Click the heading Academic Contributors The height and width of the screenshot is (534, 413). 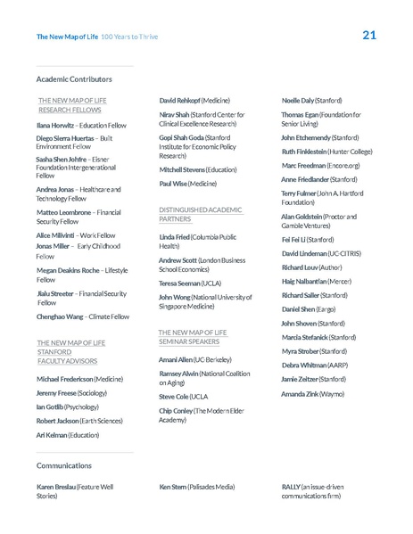point(74,78)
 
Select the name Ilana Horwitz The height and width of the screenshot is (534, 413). point(55,127)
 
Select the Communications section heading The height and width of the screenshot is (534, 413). point(64,465)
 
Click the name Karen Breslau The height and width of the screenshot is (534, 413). point(56,487)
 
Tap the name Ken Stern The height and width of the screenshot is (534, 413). point(173,487)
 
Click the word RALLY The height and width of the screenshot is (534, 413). point(292,487)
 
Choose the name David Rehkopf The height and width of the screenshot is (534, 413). point(179,102)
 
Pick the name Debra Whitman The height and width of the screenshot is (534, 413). point(302,366)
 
